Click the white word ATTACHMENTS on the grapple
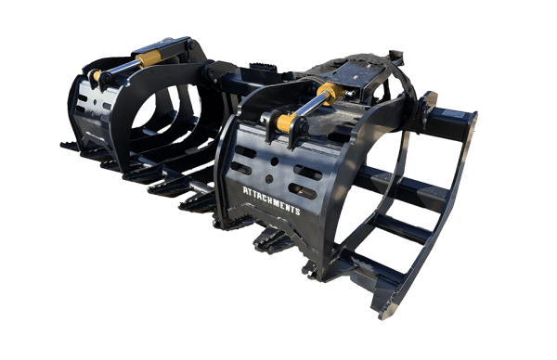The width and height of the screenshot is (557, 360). (x=272, y=200)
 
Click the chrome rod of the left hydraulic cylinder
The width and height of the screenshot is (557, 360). (x=121, y=67)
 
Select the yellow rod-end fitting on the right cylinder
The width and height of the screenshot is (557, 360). (x=286, y=122)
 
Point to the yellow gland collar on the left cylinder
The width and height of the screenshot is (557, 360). (x=149, y=58)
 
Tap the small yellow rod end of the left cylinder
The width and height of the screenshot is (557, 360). (x=97, y=75)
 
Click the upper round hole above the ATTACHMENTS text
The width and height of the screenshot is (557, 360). (x=274, y=161)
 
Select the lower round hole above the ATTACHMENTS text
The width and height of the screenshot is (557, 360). (x=269, y=179)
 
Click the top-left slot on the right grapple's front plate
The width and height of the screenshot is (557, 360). (x=245, y=151)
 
